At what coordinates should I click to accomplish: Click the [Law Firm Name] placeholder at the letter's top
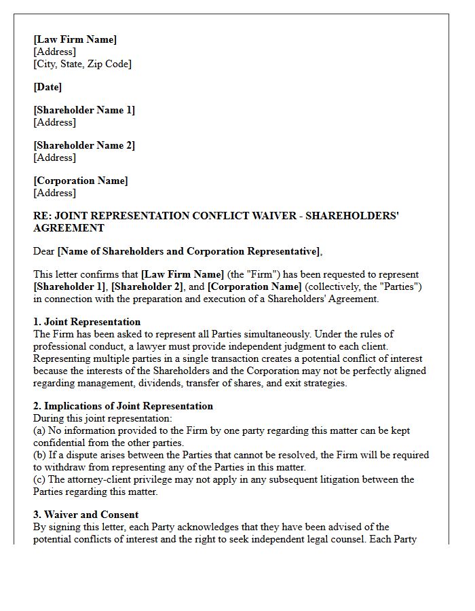tap(75, 39)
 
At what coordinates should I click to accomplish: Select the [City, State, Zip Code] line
tap(82, 64)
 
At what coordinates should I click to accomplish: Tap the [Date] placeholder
tap(47, 87)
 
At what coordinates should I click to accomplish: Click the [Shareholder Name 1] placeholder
tap(84, 110)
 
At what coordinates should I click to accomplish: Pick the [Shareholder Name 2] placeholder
tap(84, 145)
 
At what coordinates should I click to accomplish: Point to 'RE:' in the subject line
tap(41, 216)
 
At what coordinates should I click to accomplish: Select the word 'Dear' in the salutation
tap(44, 251)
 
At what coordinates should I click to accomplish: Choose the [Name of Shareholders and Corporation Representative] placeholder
tap(189, 251)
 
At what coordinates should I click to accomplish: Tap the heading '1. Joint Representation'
tap(87, 322)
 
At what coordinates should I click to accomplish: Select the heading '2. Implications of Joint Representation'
tap(123, 406)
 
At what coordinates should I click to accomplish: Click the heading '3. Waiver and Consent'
tap(85, 515)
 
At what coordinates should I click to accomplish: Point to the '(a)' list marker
tap(40, 430)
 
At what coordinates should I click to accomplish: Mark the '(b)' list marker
tap(40, 455)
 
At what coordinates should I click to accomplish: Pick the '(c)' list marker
tap(40, 479)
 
